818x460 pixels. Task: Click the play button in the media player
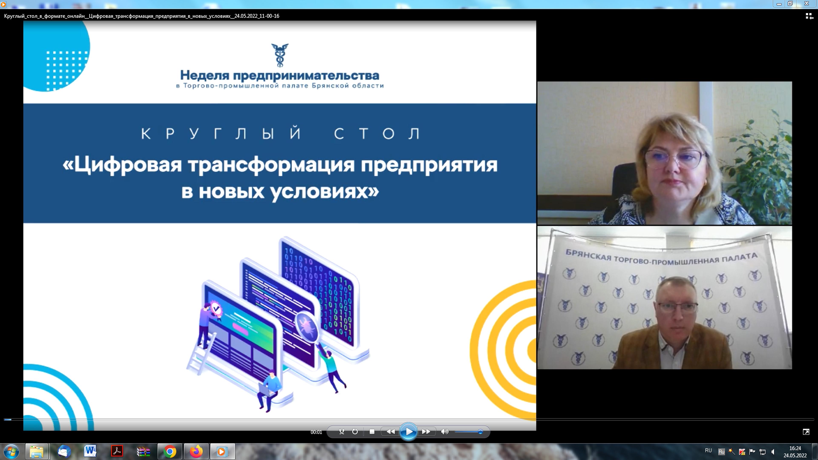(x=408, y=431)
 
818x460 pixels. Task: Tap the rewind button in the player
(x=391, y=432)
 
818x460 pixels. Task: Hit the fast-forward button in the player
(x=426, y=432)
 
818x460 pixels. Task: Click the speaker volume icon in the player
(x=445, y=432)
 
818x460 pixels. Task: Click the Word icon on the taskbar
(x=90, y=451)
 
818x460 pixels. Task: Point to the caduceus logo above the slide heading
(x=280, y=55)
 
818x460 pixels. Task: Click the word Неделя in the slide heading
(x=205, y=76)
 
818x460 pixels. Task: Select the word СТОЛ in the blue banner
(x=377, y=134)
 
